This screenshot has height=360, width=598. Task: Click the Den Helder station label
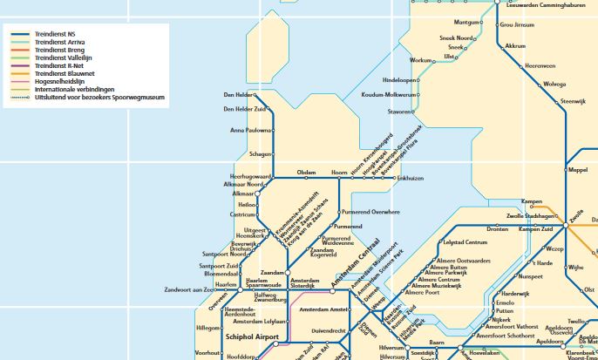tap(240, 95)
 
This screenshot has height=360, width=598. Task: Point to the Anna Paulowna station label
tap(250, 131)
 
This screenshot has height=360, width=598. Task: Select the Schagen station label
tap(260, 153)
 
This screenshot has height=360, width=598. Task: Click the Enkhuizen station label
tap(409, 178)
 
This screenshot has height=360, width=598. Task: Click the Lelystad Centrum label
tap(465, 241)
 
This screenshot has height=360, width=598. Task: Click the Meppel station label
tap(578, 170)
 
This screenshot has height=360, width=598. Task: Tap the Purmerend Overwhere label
tap(370, 212)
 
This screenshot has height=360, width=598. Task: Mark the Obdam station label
tap(305, 173)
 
